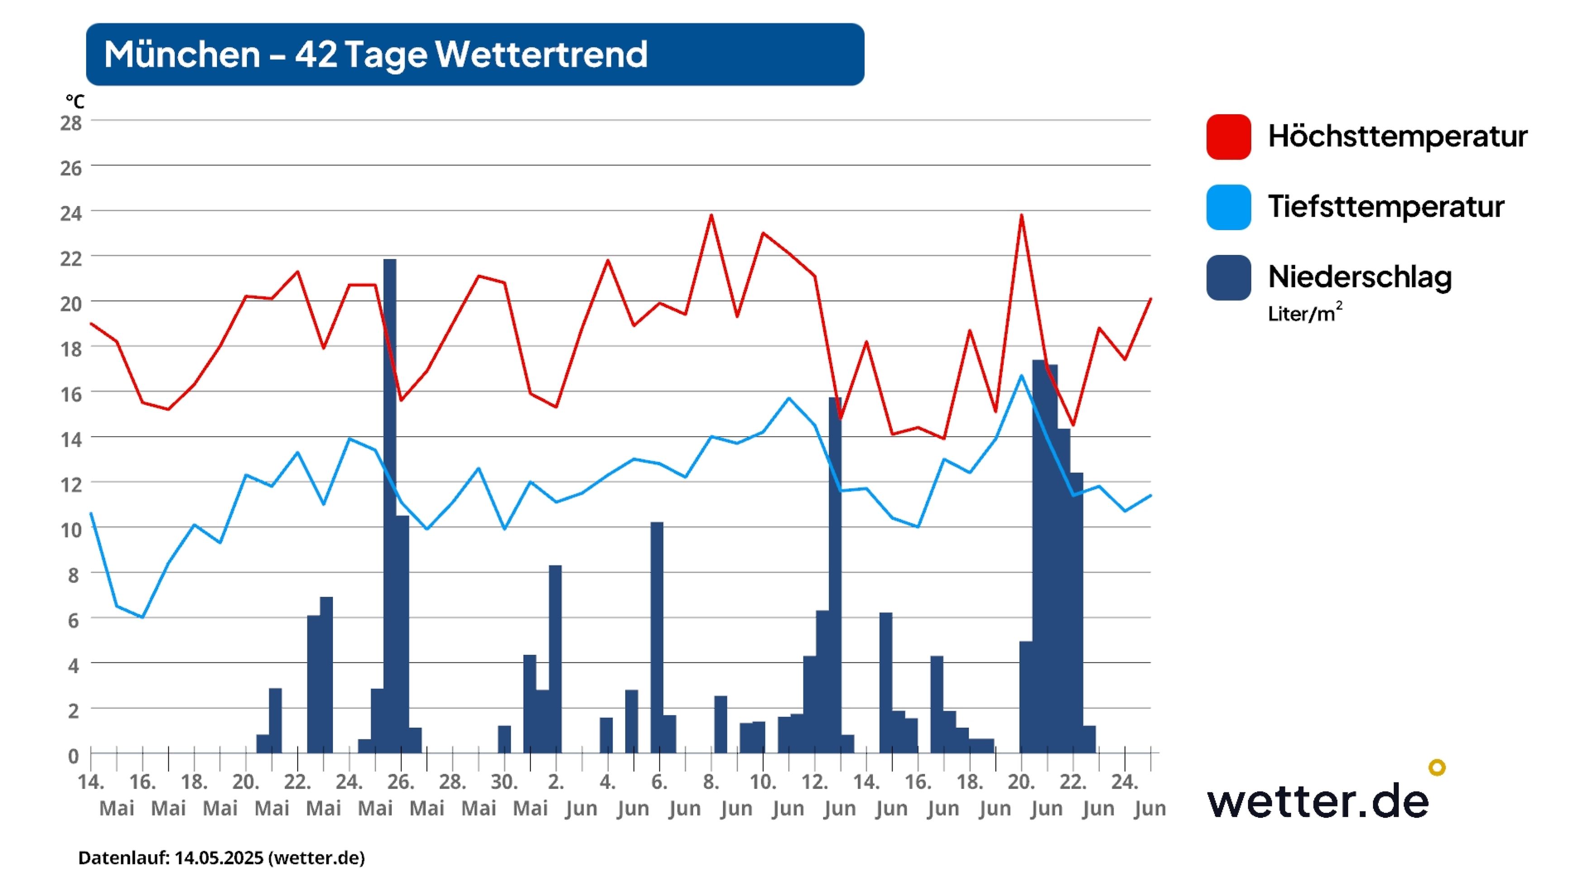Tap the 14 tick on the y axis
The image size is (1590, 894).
(71, 440)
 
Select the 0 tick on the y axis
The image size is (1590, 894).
(73, 756)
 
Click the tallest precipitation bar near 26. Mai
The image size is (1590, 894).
(390, 494)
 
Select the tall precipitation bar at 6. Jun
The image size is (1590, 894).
(657, 636)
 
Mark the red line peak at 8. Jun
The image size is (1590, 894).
(711, 215)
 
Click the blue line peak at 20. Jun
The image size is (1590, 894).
(1021, 375)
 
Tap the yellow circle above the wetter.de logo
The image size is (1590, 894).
(1437, 767)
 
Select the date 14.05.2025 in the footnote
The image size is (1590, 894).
(219, 858)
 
